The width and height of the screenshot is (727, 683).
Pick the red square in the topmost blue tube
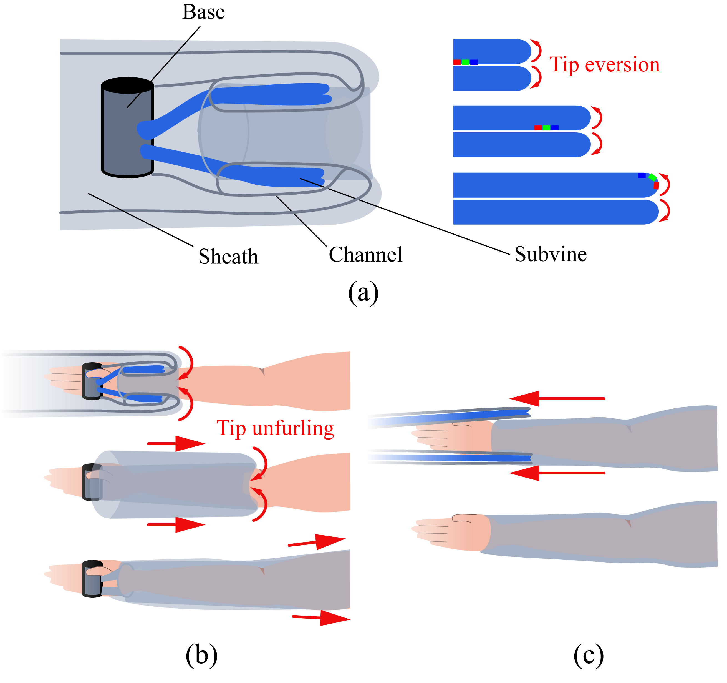coord(457,62)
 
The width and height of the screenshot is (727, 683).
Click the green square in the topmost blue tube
coord(466,62)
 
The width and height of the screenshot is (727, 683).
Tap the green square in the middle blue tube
coord(546,128)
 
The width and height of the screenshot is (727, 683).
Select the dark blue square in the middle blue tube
coord(555,128)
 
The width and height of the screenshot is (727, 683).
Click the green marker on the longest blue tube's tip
coord(652,177)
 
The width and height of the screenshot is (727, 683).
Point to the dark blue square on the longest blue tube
coord(642,175)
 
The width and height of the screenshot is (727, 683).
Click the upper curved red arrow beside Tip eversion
coord(536,50)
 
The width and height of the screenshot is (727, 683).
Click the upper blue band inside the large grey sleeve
coord(271,94)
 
